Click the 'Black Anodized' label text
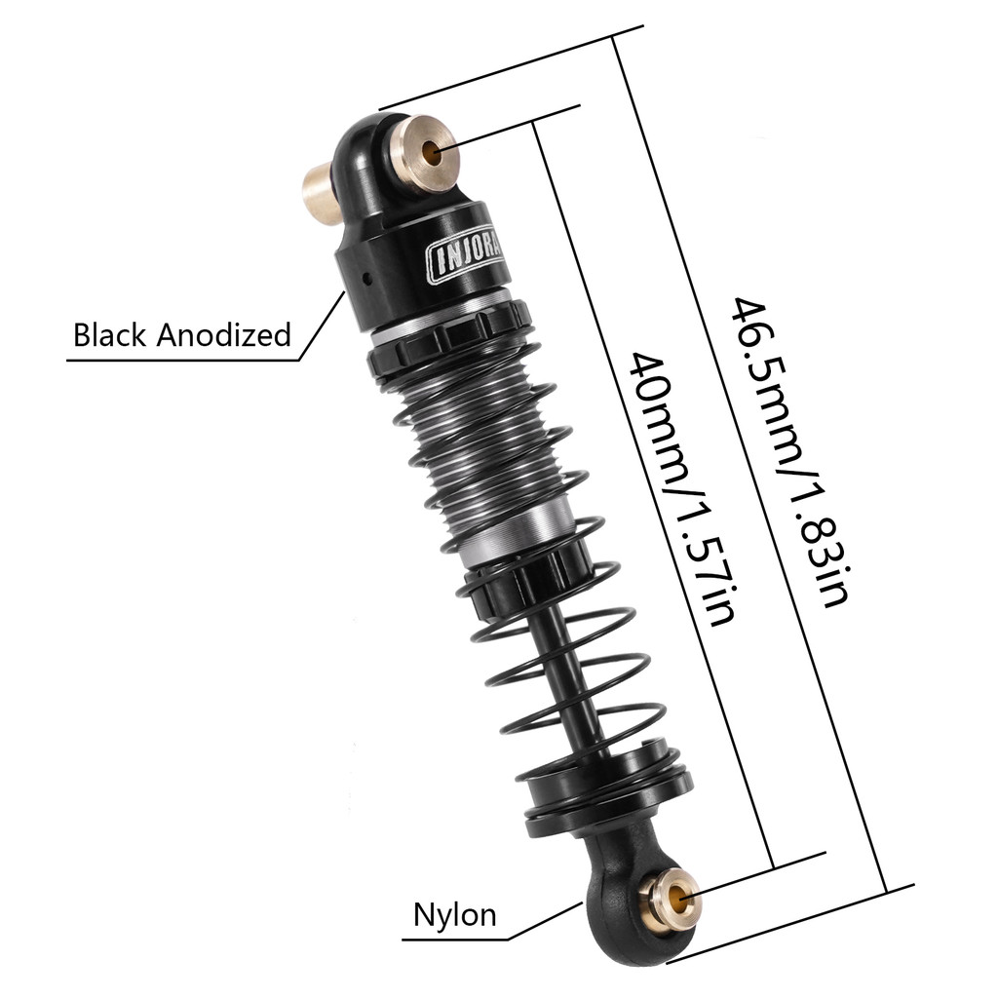tap(182, 336)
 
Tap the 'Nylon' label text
tap(455, 915)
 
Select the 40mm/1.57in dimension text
tap(675, 488)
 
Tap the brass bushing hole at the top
tap(431, 150)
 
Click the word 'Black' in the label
tap(109, 336)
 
